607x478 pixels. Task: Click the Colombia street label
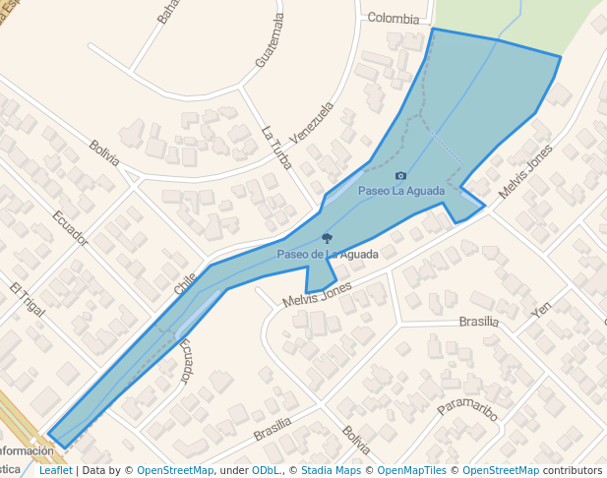click(x=393, y=18)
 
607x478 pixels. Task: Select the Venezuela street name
click(x=312, y=122)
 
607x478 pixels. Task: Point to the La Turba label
click(x=276, y=147)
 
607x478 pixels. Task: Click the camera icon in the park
click(x=400, y=176)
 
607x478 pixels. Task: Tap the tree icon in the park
click(x=327, y=238)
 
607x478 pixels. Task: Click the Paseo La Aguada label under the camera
click(x=401, y=191)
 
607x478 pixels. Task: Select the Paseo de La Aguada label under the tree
click(x=328, y=254)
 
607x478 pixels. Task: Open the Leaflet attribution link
click(x=55, y=470)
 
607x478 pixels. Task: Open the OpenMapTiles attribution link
click(x=414, y=470)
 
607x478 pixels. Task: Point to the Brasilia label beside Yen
click(x=478, y=322)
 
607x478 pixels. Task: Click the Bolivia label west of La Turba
click(x=103, y=152)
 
